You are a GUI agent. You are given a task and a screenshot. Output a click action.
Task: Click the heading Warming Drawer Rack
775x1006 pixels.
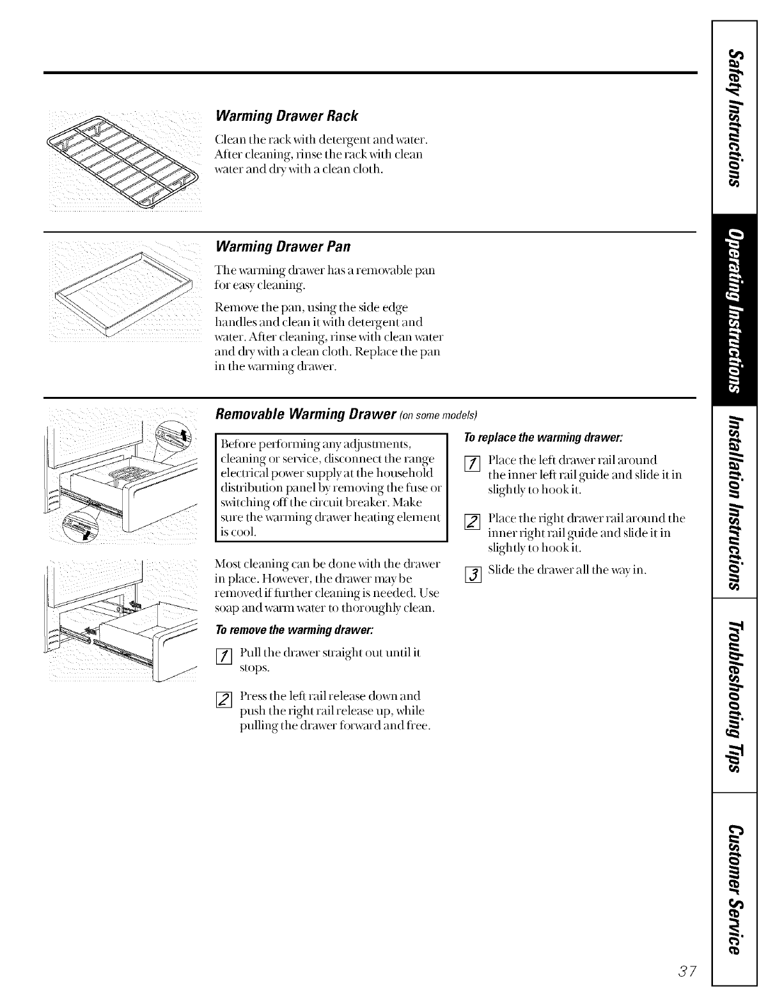(287, 116)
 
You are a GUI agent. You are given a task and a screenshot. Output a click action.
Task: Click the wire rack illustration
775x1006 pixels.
(126, 163)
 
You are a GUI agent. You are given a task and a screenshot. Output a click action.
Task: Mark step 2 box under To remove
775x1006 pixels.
(223, 700)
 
